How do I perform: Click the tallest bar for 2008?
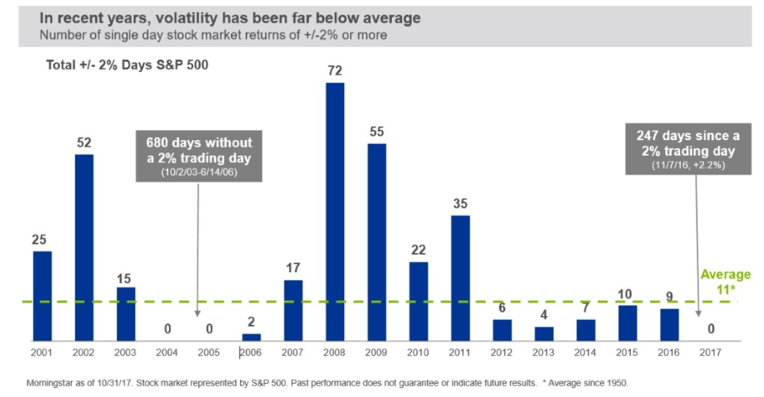[x=335, y=212]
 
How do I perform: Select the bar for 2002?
[x=84, y=247]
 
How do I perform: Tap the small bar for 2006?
[x=252, y=337]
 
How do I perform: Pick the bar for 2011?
[x=461, y=278]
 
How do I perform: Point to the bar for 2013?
[x=544, y=334]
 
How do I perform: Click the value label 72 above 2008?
[x=335, y=70]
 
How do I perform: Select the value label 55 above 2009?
[x=377, y=131]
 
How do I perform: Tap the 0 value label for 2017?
[x=711, y=329]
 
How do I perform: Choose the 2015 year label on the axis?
[x=628, y=352]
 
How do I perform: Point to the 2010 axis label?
[x=419, y=352]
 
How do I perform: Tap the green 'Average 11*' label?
[x=726, y=281]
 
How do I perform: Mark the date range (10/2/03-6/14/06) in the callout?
[x=199, y=171]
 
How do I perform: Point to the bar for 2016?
[x=670, y=325]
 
